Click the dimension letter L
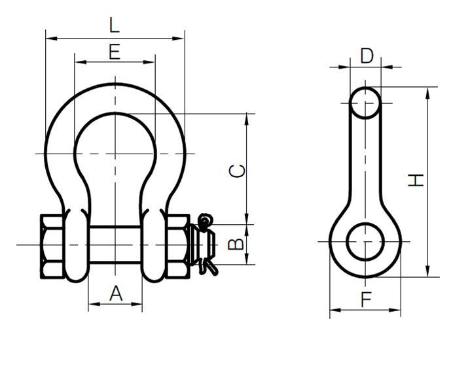coord(115,25)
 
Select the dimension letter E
coord(115,52)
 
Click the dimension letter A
coord(115,294)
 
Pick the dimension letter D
coord(367,56)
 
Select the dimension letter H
coord(416,180)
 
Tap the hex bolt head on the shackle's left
coord(52,245)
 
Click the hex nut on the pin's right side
coord(177,245)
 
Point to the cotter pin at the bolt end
coord(208,242)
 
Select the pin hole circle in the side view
coord(364,242)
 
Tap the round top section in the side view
coord(365,103)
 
